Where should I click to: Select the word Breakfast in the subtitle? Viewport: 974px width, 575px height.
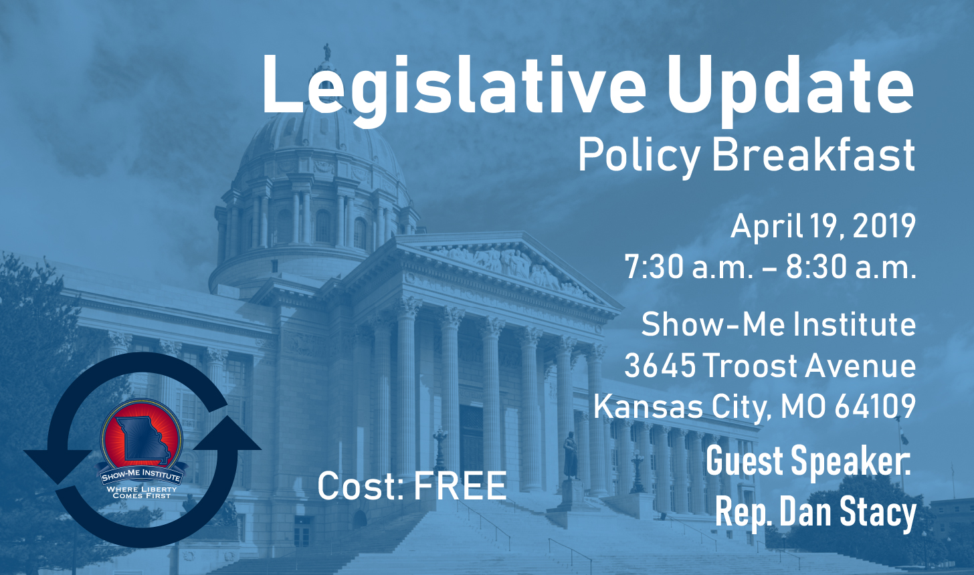(813, 156)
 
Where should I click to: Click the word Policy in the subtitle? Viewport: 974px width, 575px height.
(639, 157)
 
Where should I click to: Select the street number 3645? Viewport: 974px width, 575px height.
(660, 365)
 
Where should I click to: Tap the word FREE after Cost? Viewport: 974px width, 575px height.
(460, 485)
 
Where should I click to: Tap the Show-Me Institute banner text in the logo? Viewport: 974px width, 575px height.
(141, 475)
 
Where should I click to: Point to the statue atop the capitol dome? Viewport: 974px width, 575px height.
(327, 52)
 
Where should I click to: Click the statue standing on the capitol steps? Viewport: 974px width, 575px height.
(571, 455)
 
